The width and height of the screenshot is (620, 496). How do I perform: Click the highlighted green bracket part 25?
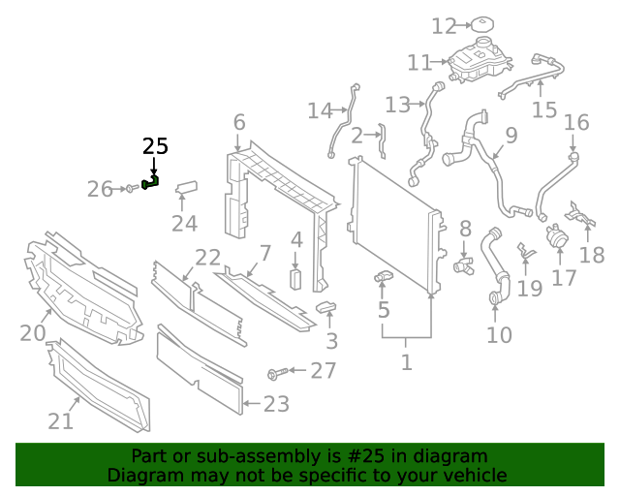pyautogui.click(x=151, y=181)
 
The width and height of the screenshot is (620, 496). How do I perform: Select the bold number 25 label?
pyautogui.click(x=155, y=146)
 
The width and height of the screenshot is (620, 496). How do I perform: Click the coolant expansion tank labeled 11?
pyautogui.click(x=480, y=64)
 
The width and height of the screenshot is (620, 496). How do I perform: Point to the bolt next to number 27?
pyautogui.click(x=276, y=371)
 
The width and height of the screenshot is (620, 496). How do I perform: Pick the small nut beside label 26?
pyautogui.click(x=130, y=188)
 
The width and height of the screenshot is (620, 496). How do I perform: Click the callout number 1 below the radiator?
pyautogui.click(x=406, y=363)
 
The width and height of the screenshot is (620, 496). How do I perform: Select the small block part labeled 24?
pyautogui.click(x=186, y=188)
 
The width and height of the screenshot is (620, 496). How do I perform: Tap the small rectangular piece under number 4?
pyautogui.click(x=296, y=280)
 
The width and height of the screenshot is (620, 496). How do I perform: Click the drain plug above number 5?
pyautogui.click(x=384, y=279)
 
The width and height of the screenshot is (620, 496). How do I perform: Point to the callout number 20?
pyautogui.click(x=33, y=334)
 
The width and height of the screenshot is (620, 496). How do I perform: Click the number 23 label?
pyautogui.click(x=276, y=404)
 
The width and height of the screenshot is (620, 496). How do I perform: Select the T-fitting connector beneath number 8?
pyautogui.click(x=462, y=263)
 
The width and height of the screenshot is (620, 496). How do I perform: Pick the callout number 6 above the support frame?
pyautogui.click(x=238, y=123)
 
